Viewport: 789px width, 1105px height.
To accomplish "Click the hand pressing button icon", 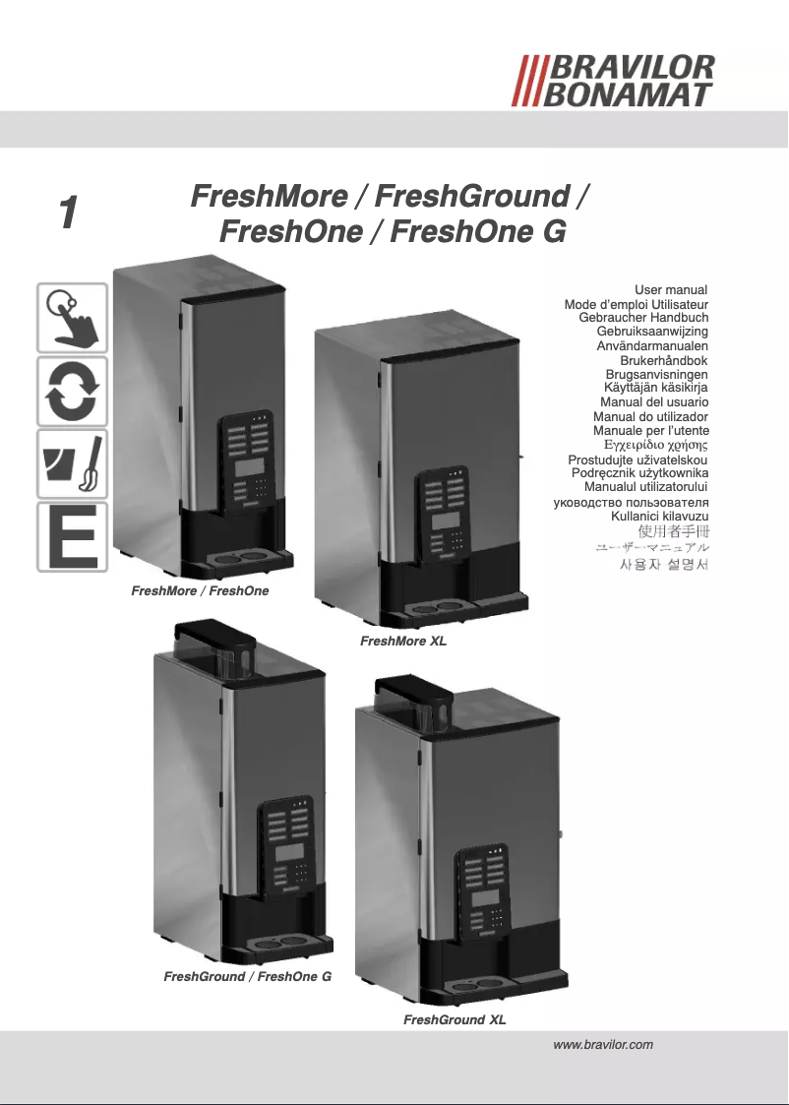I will tap(72, 317).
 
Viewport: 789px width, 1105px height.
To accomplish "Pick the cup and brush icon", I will tap(72, 463).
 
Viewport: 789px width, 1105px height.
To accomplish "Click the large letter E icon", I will tap(72, 536).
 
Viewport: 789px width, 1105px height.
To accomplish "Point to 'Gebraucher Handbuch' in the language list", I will tap(644, 318).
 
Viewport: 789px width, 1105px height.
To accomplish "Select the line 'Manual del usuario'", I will tap(654, 403).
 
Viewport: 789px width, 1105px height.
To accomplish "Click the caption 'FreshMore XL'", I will tap(403, 642).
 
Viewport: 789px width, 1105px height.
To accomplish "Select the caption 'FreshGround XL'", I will tap(455, 1020).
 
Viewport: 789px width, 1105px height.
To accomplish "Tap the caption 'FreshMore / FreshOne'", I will tap(200, 591).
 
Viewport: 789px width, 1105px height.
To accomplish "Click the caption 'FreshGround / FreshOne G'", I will tap(247, 977).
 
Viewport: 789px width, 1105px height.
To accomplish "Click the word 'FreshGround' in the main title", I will tap(472, 196).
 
